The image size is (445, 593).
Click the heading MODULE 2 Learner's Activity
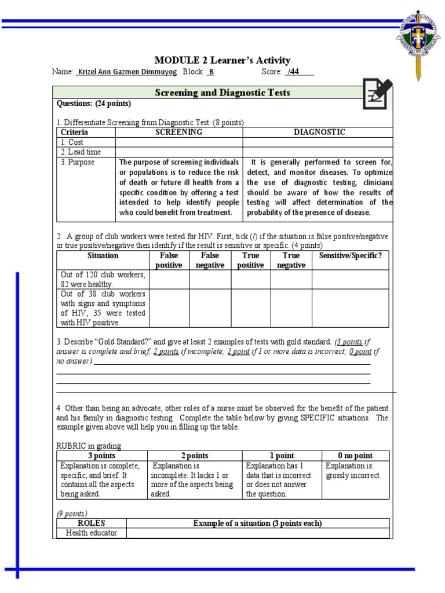pyautogui.click(x=222, y=61)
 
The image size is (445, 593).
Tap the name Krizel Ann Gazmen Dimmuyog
pyautogui.click(x=127, y=72)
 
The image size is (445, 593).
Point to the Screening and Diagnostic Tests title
pyautogui.click(x=222, y=93)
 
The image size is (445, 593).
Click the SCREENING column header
pyautogui.click(x=178, y=132)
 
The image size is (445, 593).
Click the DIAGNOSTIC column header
pyautogui.click(x=318, y=132)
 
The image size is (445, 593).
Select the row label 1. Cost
pyautogui.click(x=72, y=142)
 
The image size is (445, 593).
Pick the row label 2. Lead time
pyautogui.click(x=81, y=152)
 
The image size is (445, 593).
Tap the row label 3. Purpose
pyautogui.click(x=78, y=163)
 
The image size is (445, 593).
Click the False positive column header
pyautogui.click(x=169, y=261)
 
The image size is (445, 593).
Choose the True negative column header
pyautogui.click(x=291, y=261)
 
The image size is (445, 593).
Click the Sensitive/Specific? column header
pyautogui.click(x=351, y=256)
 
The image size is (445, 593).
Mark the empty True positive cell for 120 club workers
pyautogui.click(x=251, y=280)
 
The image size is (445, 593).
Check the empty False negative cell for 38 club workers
pyautogui.click(x=210, y=308)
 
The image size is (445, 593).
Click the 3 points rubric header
pyautogui.click(x=101, y=456)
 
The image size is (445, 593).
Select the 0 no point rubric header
pyautogui.click(x=356, y=456)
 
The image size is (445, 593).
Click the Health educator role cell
pyautogui.click(x=91, y=533)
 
